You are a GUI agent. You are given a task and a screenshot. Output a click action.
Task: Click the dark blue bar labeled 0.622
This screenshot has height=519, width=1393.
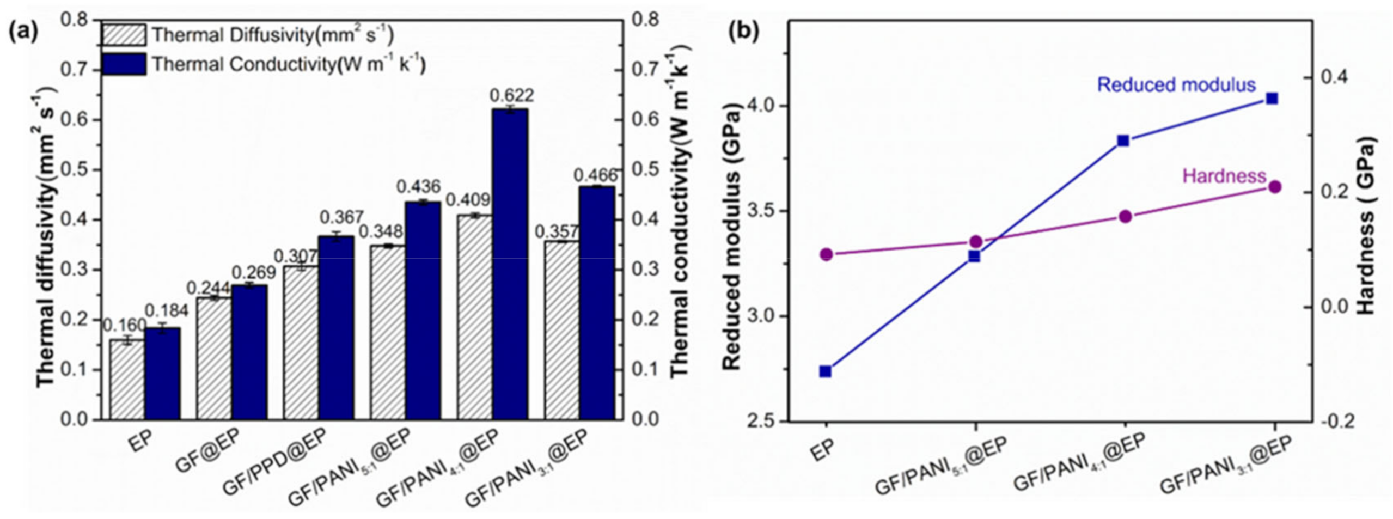pyautogui.click(x=510, y=264)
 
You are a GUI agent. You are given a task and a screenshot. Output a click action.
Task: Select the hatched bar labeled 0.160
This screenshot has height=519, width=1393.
pyautogui.click(x=127, y=379)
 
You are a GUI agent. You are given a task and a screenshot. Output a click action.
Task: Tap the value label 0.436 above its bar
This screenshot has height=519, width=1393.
pyautogui.click(x=418, y=187)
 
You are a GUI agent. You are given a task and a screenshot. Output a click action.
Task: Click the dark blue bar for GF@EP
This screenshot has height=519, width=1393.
pyautogui.click(x=249, y=352)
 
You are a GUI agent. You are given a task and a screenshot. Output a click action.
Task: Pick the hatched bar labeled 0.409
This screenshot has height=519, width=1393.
pyautogui.click(x=474, y=317)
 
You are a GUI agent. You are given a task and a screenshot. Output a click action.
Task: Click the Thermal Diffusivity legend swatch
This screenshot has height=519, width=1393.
pyautogui.click(x=124, y=35)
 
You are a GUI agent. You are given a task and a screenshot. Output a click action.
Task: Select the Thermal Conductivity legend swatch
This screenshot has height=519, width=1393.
pyautogui.click(x=124, y=64)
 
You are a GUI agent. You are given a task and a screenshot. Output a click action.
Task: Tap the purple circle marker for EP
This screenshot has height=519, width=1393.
pyautogui.click(x=826, y=254)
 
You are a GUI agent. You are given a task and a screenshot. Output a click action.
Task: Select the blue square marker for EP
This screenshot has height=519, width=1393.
pyautogui.click(x=826, y=371)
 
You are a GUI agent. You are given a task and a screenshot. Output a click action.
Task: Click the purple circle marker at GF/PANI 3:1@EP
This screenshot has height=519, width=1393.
pyautogui.click(x=1274, y=187)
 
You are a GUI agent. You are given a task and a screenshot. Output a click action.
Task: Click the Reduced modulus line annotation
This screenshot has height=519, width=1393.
pyautogui.click(x=1176, y=85)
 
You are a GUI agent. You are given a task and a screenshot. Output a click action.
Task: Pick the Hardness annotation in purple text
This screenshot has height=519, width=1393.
pyautogui.click(x=1224, y=176)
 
